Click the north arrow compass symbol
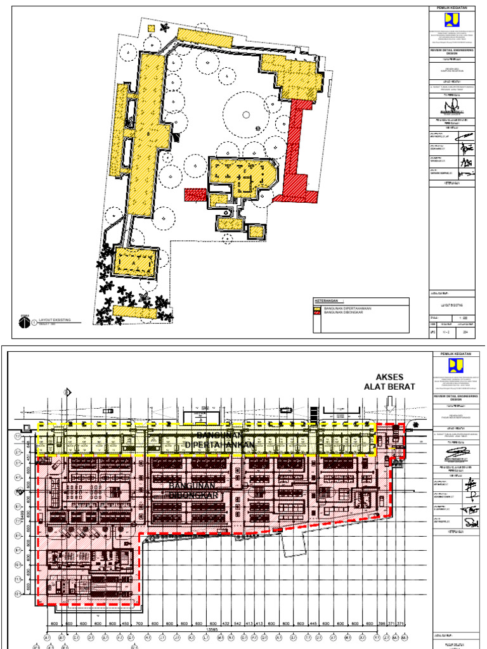point(24,323)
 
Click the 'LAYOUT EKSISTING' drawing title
point(55,321)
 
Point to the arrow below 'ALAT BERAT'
point(389,402)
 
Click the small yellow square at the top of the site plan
point(151,28)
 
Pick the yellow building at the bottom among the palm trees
point(136,311)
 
